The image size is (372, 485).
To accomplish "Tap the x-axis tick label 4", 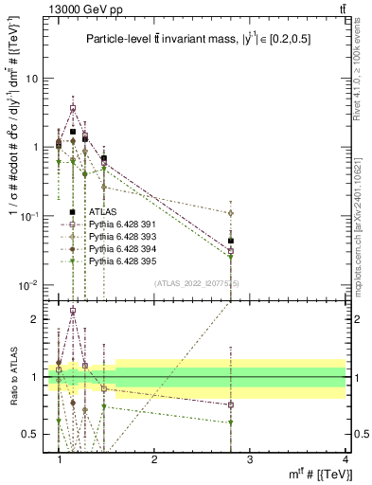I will [x=345, y=458].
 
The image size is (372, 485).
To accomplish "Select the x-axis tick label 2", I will [x=154, y=458].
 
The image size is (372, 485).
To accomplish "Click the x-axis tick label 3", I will [x=250, y=458].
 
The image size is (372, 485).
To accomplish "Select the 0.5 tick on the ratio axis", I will [x=34, y=435].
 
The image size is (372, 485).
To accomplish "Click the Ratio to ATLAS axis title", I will [x=12, y=377].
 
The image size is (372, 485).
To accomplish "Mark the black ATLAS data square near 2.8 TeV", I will [x=231, y=241].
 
